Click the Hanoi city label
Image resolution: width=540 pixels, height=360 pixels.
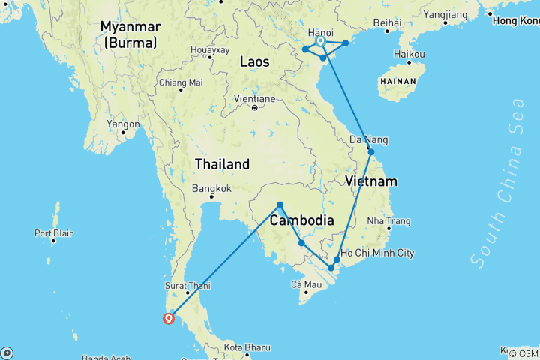[x=321, y=33]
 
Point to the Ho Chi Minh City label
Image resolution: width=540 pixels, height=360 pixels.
[x=377, y=253]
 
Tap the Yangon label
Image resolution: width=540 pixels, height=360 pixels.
[x=124, y=124]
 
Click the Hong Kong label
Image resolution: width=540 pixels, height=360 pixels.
[x=516, y=21]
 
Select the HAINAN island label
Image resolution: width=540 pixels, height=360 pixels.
[x=398, y=79]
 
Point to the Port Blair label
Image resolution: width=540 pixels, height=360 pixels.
[x=54, y=232]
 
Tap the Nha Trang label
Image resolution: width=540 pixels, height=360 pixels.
[x=389, y=221]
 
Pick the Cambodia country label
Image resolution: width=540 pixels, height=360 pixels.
[x=301, y=221]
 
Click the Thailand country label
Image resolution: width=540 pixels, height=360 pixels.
[x=222, y=164]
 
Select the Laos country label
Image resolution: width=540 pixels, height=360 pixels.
[x=254, y=62]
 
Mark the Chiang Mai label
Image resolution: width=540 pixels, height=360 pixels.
[x=181, y=82]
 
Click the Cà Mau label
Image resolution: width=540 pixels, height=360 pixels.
[x=306, y=284]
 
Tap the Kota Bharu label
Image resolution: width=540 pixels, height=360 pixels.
[x=246, y=347]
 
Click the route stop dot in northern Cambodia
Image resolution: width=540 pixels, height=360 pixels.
[x=280, y=205]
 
